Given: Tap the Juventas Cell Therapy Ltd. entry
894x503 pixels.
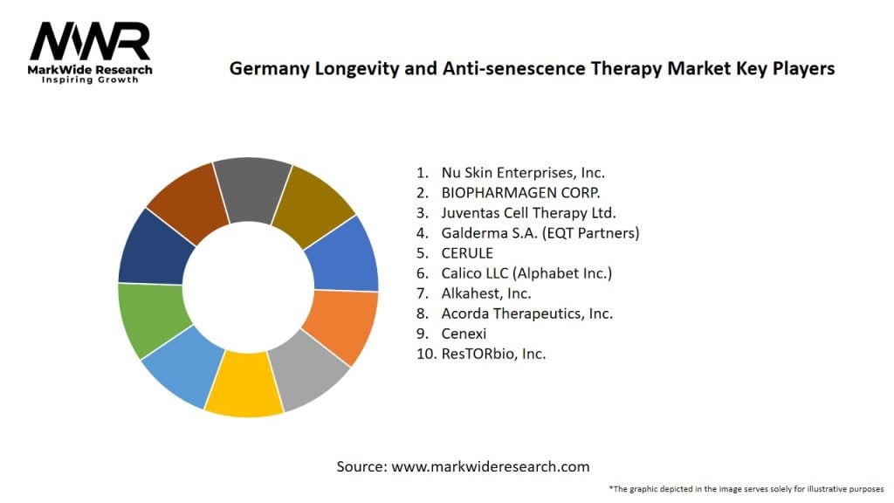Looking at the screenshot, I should [x=528, y=213].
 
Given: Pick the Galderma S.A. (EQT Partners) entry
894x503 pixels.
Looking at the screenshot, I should [x=540, y=233].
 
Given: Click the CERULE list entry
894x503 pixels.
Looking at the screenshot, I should [x=468, y=253].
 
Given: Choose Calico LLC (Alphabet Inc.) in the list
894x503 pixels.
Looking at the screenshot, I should [x=526, y=273].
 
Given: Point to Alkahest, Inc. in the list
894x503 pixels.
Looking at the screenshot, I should [x=486, y=293].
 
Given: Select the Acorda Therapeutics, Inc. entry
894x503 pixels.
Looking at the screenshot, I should [x=526, y=314].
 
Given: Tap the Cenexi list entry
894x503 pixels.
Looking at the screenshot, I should [x=464, y=334].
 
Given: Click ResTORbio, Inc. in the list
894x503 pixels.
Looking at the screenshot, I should [x=493, y=354].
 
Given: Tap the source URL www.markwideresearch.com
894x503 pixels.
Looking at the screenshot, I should [x=490, y=466].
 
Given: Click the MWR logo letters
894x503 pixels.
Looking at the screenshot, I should [x=90, y=40].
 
